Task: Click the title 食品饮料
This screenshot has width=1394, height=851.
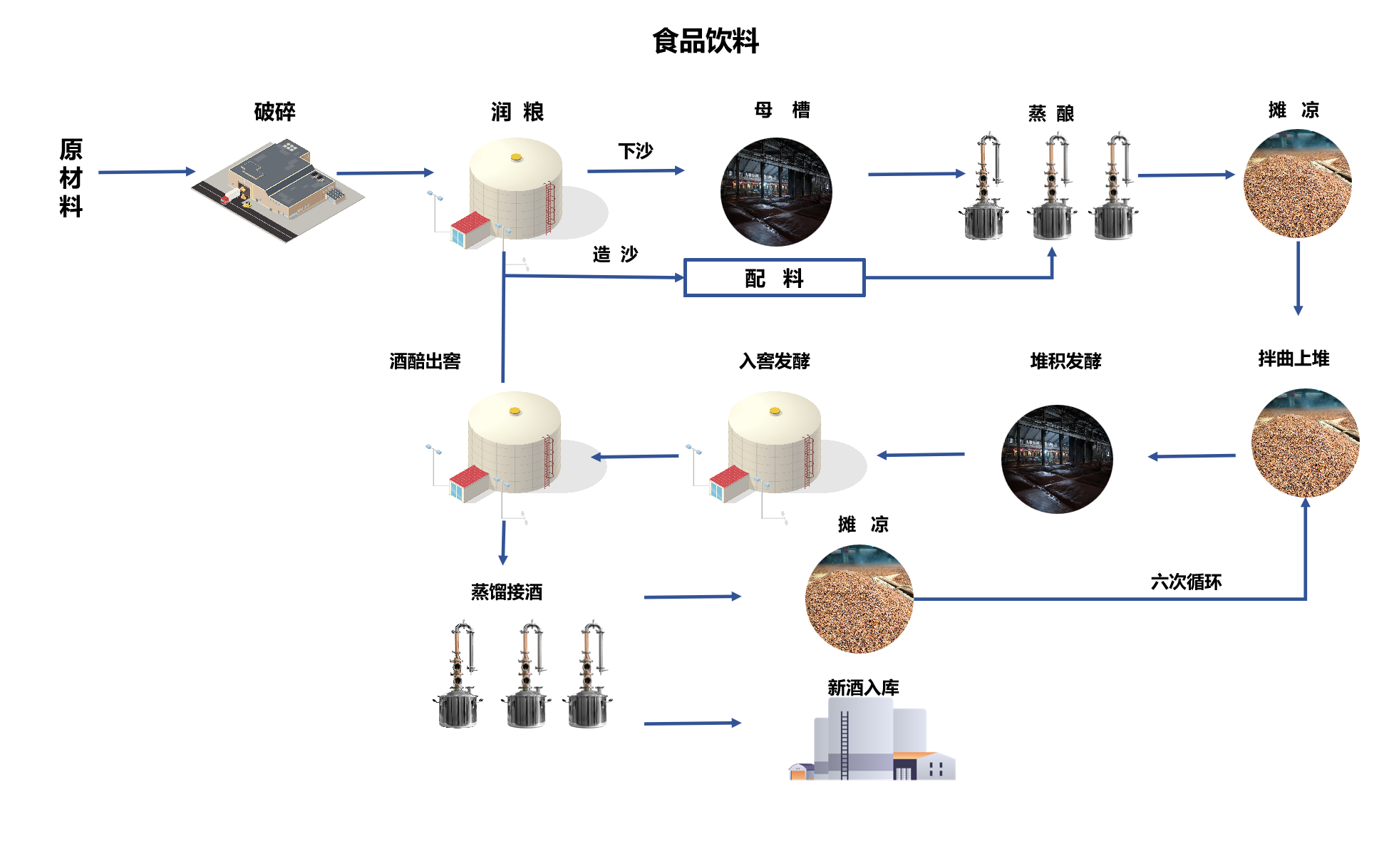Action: pos(706,41)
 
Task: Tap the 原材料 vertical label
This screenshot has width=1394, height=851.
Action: pos(71,177)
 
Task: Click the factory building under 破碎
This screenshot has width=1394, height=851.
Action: pos(278,188)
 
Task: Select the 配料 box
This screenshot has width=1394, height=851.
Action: pos(774,277)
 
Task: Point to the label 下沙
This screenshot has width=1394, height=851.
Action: pos(635,150)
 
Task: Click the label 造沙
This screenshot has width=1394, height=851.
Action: pos(615,254)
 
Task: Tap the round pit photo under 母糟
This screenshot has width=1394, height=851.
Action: pos(776,192)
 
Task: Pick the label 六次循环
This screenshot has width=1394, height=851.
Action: pos(1186,582)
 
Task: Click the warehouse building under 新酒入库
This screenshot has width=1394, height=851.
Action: pos(872,738)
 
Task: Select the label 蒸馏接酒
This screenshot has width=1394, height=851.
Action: pos(507,592)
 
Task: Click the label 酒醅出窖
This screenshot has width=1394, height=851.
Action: pos(425,361)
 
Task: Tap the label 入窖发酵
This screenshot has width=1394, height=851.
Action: pos(774,361)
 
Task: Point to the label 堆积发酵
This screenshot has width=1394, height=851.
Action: pos(1065,361)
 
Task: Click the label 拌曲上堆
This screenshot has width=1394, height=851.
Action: pos(1294,358)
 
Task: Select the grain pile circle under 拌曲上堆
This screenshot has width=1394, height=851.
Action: pos(1306,443)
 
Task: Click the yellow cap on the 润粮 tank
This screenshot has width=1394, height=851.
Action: pos(516,157)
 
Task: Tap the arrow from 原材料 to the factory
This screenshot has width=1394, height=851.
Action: pos(147,172)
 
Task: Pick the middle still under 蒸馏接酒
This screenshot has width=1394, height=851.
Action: pos(527,674)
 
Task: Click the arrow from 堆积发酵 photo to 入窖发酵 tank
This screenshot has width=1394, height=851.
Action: pos(921,455)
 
